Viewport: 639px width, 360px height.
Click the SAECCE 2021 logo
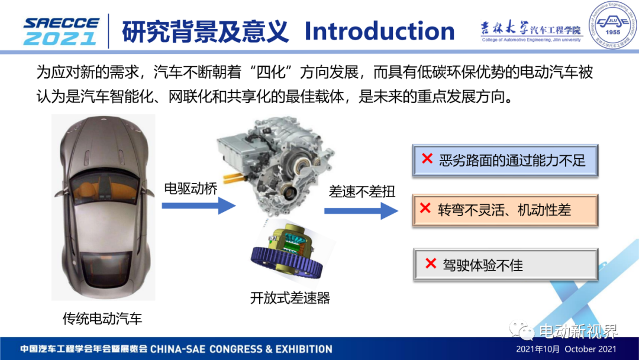61,31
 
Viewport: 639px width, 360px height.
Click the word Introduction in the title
379,31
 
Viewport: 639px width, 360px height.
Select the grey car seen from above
103,207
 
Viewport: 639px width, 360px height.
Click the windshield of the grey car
104,188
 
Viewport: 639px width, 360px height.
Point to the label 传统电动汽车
102,319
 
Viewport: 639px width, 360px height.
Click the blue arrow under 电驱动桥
198,205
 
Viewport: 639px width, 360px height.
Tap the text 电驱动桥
191,188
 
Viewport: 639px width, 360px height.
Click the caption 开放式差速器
290,298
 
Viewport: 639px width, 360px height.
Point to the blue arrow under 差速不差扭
361,211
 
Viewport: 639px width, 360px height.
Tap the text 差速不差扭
362,192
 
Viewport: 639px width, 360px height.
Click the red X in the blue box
427,158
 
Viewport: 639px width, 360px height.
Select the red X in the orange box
425,208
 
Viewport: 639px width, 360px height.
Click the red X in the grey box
431,263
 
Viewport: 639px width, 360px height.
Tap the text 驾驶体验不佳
483,265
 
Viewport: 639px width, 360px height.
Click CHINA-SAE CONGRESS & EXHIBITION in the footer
241,349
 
